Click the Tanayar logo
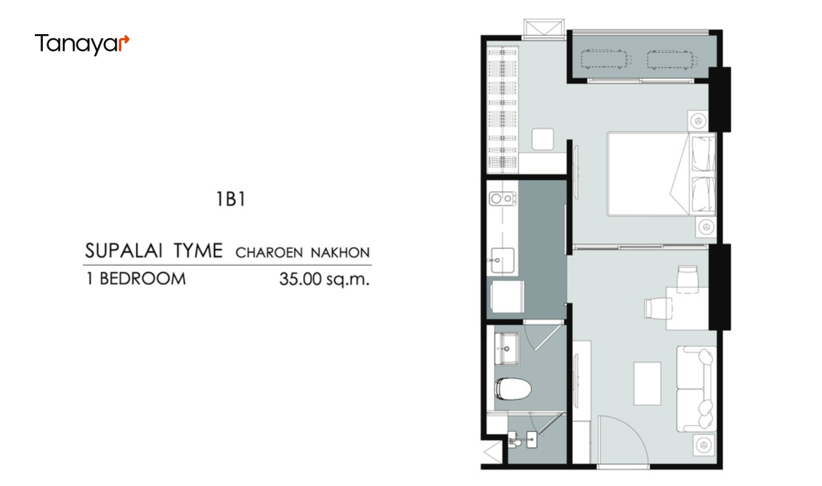[82, 44]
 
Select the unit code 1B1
[231, 199]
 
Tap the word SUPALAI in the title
[123, 251]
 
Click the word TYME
[198, 251]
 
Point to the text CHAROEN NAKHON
[303, 253]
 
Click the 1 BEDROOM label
[136, 279]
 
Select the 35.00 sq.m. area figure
[324, 279]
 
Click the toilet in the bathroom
[513, 389]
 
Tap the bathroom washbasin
[507, 349]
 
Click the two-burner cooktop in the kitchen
[503, 199]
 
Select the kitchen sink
[503, 261]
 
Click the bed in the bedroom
[661, 174]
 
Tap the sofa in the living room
[696, 389]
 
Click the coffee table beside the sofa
[647, 384]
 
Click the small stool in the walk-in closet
[543, 139]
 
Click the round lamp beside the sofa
[704, 445]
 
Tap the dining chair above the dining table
[687, 279]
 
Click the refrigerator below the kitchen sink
[508, 297]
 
